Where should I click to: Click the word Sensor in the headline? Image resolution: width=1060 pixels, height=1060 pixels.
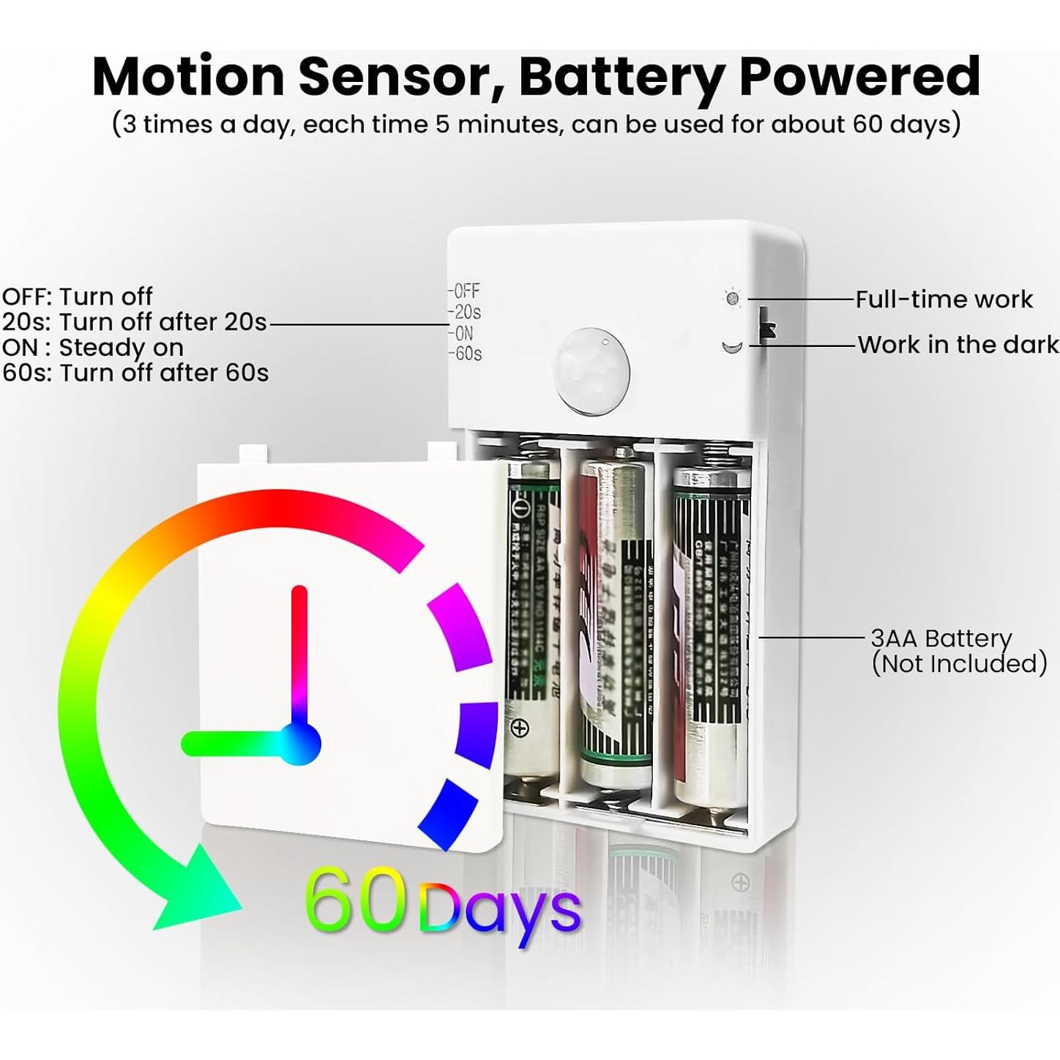point(402,77)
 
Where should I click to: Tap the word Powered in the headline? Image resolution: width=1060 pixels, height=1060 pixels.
point(859,77)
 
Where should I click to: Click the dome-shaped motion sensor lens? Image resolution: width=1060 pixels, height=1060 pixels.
point(591,370)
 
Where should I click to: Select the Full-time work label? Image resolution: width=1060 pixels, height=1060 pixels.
point(944,299)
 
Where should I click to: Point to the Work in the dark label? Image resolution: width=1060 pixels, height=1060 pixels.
point(958,345)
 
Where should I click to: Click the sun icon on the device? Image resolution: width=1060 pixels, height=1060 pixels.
point(732,299)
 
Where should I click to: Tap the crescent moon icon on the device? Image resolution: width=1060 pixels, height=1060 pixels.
point(732,346)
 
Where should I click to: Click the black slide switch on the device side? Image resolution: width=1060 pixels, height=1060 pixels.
point(766,324)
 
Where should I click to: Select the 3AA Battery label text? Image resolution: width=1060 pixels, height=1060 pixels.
point(941,638)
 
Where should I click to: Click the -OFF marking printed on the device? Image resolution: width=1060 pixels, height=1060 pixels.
point(464,291)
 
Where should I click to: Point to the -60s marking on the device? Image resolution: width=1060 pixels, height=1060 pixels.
point(466,354)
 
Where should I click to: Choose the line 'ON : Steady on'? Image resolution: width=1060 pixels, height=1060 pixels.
point(92,347)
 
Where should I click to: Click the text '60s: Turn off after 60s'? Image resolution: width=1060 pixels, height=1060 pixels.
point(135,373)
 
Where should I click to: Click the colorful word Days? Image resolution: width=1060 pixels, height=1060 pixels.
point(501,910)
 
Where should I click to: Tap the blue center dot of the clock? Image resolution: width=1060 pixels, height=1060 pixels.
point(300,744)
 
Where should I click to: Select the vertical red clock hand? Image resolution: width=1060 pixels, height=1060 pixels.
point(299,652)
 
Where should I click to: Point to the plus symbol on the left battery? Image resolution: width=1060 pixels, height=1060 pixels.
point(520,728)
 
